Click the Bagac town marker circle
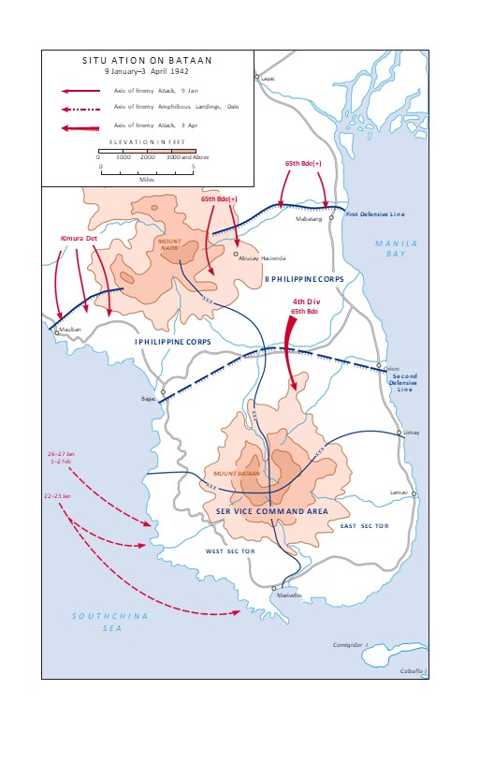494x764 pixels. click(x=163, y=392)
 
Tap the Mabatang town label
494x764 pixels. click(x=309, y=219)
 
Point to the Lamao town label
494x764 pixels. click(x=400, y=492)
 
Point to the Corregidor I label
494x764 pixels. click(x=353, y=645)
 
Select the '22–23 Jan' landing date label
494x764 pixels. click(x=58, y=495)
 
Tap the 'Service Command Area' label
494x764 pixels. click(x=270, y=510)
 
